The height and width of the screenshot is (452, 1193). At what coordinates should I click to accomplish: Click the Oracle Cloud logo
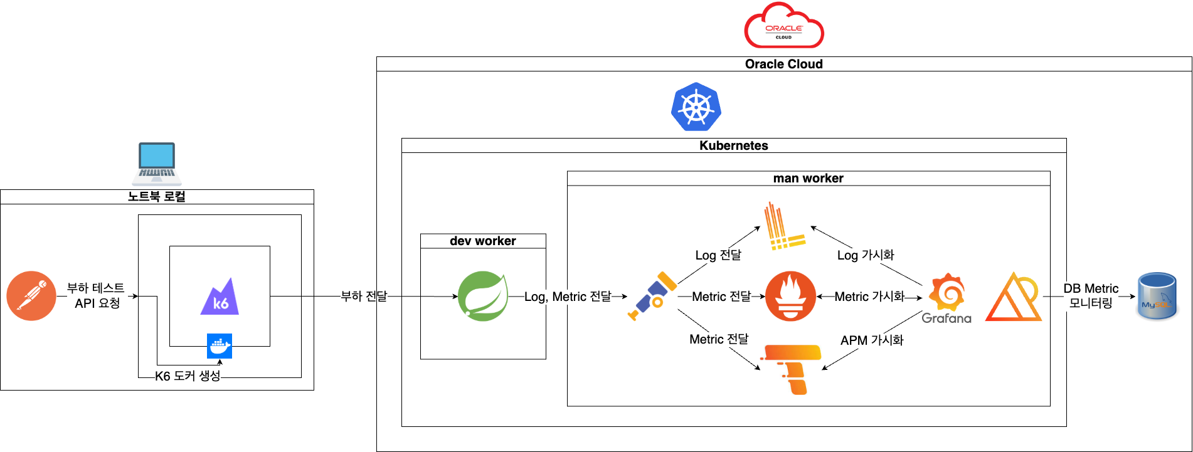click(x=784, y=26)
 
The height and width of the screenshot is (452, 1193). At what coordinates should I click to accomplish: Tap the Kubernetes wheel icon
click(x=696, y=107)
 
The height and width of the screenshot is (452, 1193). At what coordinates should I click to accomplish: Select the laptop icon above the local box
click(x=157, y=163)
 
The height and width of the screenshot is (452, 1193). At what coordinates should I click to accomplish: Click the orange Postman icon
click(x=31, y=296)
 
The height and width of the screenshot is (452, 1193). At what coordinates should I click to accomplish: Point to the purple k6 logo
click(x=220, y=297)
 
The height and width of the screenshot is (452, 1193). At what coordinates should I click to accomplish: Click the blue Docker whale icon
click(x=220, y=346)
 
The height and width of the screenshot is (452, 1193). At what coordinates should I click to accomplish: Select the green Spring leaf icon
click(x=482, y=296)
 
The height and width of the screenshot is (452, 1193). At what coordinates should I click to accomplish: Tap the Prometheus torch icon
click(x=790, y=296)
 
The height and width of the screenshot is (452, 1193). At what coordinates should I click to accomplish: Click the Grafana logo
click(x=946, y=298)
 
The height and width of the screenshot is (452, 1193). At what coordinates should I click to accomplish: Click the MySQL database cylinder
click(x=1157, y=297)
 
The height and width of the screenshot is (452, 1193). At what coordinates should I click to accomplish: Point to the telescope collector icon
click(x=652, y=296)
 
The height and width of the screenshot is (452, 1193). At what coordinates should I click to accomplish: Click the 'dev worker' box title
click(x=483, y=241)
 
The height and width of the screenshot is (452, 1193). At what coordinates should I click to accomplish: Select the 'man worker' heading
click(x=808, y=179)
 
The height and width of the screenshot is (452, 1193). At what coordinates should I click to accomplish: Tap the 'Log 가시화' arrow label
click(x=866, y=255)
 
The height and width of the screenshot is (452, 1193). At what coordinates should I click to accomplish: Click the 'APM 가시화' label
click(x=872, y=340)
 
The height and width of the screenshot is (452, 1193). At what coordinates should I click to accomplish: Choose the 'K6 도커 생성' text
click(x=188, y=376)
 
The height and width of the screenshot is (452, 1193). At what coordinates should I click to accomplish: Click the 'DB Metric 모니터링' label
click(x=1091, y=296)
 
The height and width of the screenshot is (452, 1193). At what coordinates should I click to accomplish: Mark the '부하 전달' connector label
click(x=364, y=296)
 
